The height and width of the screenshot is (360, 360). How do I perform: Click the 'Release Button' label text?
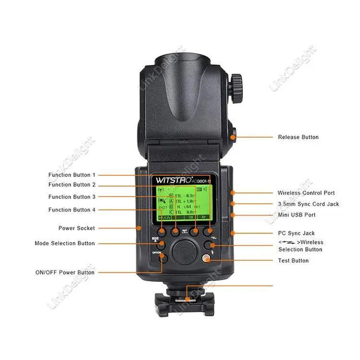pos(298,137)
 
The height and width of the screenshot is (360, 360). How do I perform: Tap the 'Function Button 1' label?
pos(72,175)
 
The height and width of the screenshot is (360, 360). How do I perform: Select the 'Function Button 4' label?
pos(72,210)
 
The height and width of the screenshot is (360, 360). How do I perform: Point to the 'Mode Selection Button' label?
pos(65,243)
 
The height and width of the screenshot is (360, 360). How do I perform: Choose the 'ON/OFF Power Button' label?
pos(65,273)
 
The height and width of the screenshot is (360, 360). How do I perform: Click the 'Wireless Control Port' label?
pos(306,193)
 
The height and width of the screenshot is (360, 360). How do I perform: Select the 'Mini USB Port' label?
pos(297,215)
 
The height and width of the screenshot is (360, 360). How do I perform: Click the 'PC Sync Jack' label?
pos(296,233)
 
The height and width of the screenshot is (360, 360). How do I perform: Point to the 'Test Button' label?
pos(293,261)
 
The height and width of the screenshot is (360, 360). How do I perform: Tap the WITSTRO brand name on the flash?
pos(171,181)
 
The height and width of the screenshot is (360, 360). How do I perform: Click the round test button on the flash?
pos(207,259)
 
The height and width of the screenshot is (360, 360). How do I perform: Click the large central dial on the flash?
pos(183,253)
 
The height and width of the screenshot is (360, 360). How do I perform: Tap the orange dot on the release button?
pos(233,137)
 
